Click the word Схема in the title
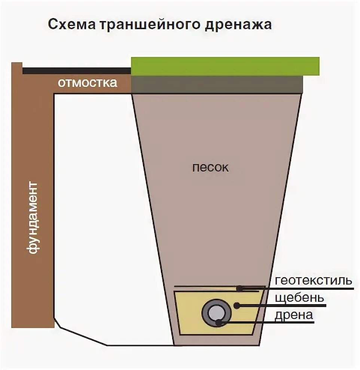point(71,24)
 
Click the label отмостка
point(87,82)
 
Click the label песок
point(210,167)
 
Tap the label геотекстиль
point(313,280)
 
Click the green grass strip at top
point(225,66)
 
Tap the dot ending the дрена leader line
point(219,321)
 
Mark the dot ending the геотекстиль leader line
point(239,288)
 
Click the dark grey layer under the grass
point(217,84)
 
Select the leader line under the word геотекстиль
point(314,288)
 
